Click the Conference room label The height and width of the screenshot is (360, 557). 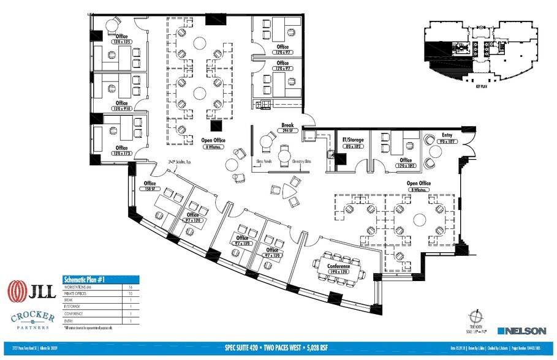pos(338,266)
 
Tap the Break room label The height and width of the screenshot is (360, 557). pos(279,125)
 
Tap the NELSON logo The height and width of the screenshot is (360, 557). pos(525,331)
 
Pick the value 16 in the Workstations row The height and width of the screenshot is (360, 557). pos(131,287)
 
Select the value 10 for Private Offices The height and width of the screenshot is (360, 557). pos(131,293)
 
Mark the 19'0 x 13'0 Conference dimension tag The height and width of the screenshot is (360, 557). pos(338,272)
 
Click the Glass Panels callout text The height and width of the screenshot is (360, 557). pos(263,162)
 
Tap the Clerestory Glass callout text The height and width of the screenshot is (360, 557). pos(299,162)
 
